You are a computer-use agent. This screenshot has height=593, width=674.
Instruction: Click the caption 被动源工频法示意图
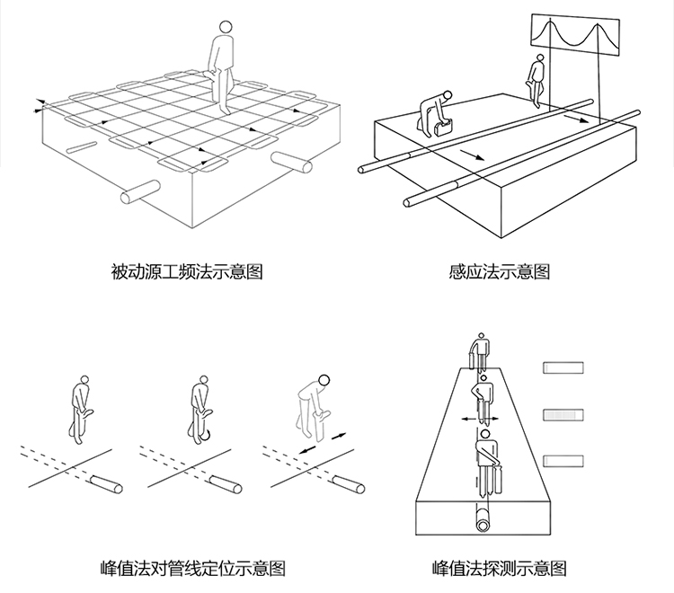pos(187,271)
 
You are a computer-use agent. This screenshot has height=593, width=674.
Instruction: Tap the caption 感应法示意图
pos(498,271)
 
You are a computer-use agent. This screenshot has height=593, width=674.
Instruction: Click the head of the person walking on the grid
pos(226,29)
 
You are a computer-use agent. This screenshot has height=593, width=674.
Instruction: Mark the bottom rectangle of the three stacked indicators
pos(564,460)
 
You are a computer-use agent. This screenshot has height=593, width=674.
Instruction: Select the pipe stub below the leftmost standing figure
pos(109,486)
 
